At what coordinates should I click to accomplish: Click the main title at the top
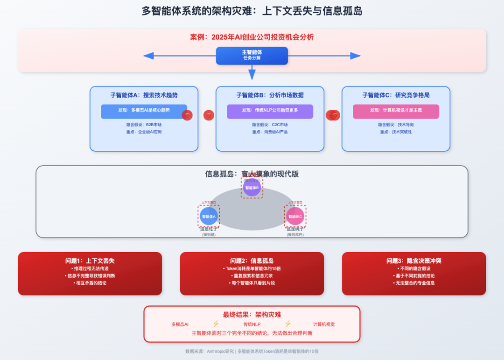point(252,11)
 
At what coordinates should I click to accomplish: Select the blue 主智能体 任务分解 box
point(252,56)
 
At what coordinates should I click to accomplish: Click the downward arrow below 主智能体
point(252,72)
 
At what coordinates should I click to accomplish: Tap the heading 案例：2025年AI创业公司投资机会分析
point(252,37)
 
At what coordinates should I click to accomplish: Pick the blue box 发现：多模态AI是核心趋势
point(144,111)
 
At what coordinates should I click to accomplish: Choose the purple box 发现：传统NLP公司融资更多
point(270,111)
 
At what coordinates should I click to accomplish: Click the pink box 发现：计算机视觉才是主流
point(396,111)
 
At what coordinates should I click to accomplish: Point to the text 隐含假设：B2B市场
point(144,125)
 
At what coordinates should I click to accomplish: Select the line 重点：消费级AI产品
point(270,132)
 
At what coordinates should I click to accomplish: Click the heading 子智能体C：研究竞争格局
point(396,95)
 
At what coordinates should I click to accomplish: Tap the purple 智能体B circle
point(252,188)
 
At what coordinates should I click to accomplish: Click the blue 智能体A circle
point(209,217)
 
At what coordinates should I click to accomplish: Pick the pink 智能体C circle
point(295,217)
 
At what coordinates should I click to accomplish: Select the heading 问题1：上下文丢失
point(90,261)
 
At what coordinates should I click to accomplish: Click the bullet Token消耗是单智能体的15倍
point(252,268)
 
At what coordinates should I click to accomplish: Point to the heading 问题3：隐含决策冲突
point(414,261)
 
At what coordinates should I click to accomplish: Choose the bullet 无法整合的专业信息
point(414,283)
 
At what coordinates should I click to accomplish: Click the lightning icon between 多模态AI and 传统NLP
point(216,324)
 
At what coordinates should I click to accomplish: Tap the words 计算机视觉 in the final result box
point(324,324)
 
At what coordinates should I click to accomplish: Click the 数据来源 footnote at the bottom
point(252,351)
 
